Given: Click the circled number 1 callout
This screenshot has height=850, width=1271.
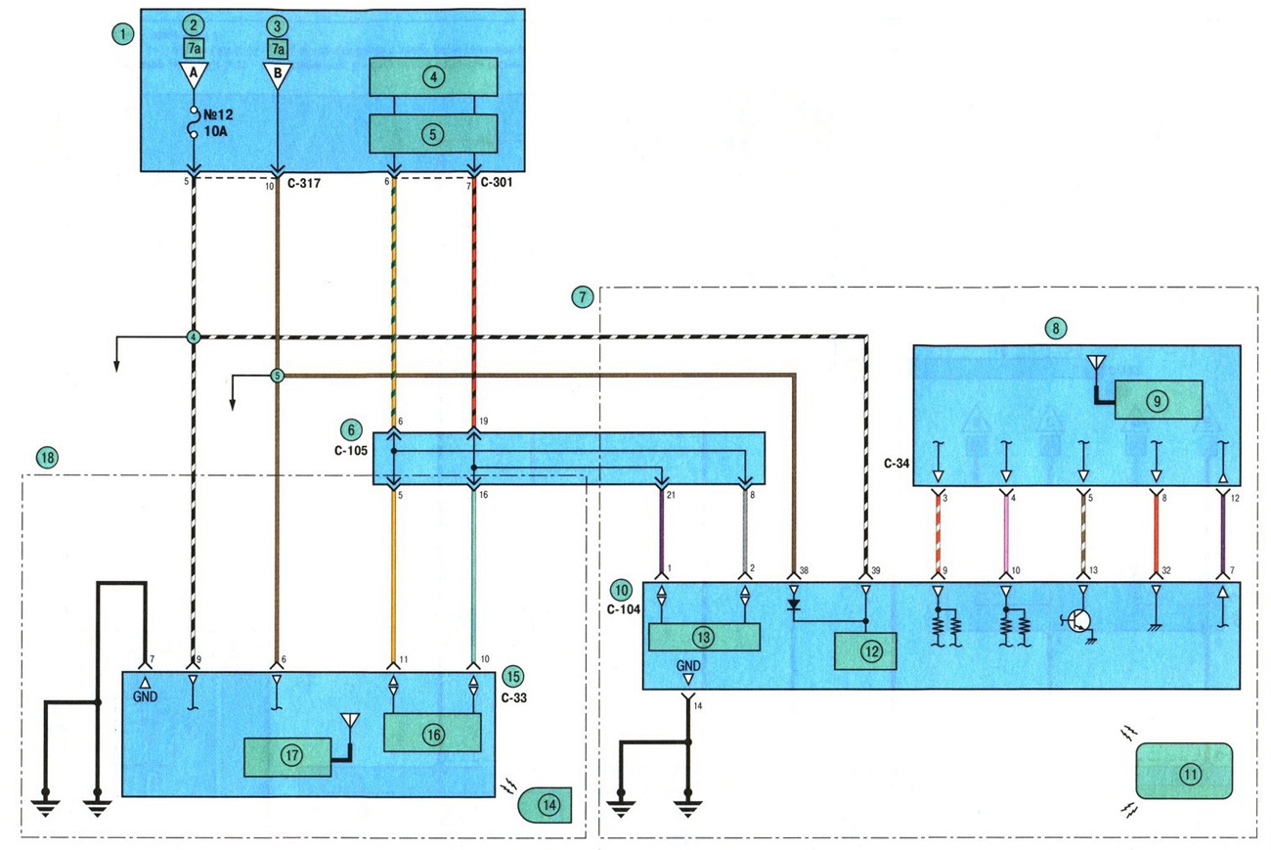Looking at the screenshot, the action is (122, 34).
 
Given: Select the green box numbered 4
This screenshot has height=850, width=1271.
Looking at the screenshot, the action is (433, 76).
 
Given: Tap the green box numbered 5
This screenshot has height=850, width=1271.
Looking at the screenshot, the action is (433, 134).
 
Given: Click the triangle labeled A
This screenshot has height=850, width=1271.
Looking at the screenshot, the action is (194, 74).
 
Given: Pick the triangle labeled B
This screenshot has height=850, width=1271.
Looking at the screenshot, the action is (278, 74).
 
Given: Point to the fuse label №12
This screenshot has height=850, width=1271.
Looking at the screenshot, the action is (218, 114).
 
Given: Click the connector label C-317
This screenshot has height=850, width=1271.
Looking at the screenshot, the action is (303, 183).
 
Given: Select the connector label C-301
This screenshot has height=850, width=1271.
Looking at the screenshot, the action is (496, 182).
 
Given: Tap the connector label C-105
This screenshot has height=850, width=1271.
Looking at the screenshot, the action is (351, 450).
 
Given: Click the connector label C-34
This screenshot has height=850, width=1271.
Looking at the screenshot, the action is (897, 464).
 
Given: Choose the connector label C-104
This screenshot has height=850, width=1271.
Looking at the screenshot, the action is (624, 609).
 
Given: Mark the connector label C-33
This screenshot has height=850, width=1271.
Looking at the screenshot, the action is (514, 697).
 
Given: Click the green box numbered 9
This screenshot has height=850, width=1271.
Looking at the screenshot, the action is (1159, 400).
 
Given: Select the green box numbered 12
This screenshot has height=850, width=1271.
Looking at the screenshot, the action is (865, 651).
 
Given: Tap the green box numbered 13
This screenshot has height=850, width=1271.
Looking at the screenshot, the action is (704, 637).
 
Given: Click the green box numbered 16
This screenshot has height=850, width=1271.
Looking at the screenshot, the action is (432, 733).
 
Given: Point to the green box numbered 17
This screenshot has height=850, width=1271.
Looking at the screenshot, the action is (287, 757).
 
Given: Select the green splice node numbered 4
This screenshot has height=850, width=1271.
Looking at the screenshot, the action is (194, 337).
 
